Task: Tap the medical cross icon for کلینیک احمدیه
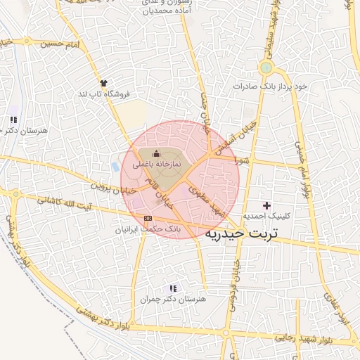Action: [x=266, y=204]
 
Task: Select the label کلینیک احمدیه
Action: [x=266, y=216]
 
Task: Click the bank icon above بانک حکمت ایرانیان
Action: [x=147, y=218]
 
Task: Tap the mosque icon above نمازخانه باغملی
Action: [x=156, y=153]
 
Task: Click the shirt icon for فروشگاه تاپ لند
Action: [x=104, y=83]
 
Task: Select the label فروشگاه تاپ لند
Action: [x=102, y=94]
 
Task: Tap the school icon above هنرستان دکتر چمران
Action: [x=173, y=288]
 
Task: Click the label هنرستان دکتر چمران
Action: [x=173, y=300]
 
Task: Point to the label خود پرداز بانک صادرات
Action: [x=271, y=86]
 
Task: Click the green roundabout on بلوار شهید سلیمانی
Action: [x=266, y=68]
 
